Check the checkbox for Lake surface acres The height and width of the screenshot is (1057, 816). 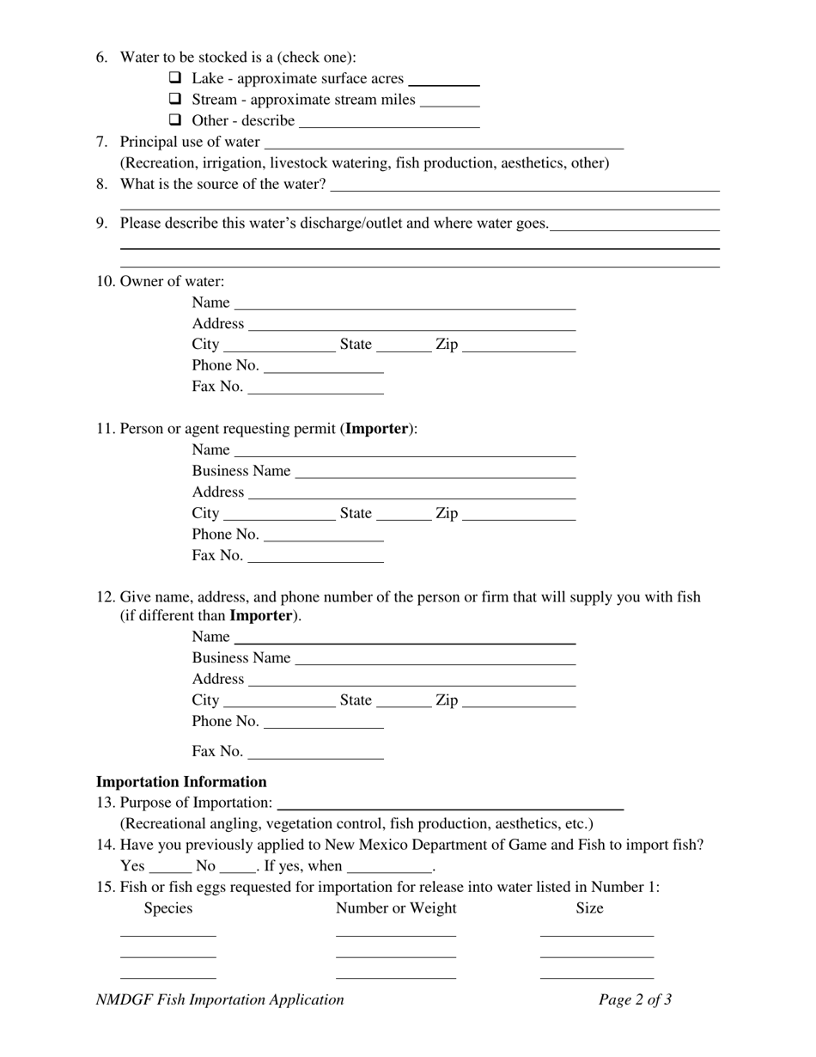point(175,79)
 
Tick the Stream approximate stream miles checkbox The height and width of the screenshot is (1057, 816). point(175,100)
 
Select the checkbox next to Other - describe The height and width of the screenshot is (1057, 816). point(175,121)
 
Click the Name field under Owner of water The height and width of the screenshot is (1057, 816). point(404,303)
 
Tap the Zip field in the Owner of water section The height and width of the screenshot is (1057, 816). point(518,345)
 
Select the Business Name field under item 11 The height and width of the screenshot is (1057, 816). point(434,472)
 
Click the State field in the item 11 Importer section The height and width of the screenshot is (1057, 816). point(404,514)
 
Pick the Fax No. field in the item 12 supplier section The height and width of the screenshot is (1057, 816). point(314,753)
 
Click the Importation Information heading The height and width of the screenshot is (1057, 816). point(181,782)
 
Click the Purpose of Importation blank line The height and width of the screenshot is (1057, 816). point(451,803)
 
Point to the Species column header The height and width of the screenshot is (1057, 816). point(168,908)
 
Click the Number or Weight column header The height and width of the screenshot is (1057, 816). point(396,908)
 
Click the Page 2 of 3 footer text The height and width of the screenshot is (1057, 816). point(635,999)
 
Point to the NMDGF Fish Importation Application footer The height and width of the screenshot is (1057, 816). point(220,999)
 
